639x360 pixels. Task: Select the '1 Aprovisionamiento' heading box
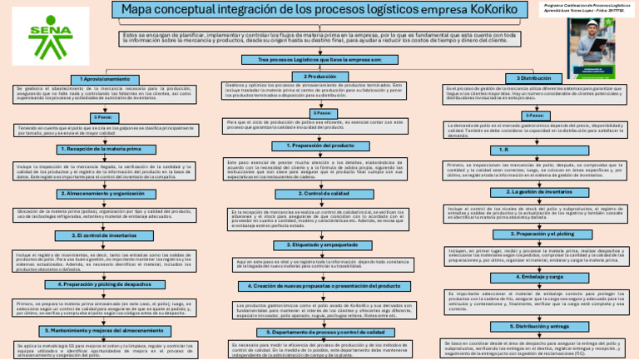[106, 78]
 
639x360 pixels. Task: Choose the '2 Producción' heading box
[319, 76]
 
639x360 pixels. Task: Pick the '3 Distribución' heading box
[534, 77]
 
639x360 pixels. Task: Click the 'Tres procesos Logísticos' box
[319, 61]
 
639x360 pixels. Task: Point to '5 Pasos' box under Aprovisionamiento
[106, 118]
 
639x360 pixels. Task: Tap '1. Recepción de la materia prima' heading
[106, 149]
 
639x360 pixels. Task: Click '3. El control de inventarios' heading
[106, 235]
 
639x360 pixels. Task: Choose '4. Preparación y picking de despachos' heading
[106, 284]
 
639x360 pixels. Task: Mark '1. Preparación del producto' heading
[319, 145]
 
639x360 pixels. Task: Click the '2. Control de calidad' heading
[319, 193]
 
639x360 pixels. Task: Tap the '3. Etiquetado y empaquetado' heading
[319, 245]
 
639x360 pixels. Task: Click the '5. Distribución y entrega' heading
[534, 326]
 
